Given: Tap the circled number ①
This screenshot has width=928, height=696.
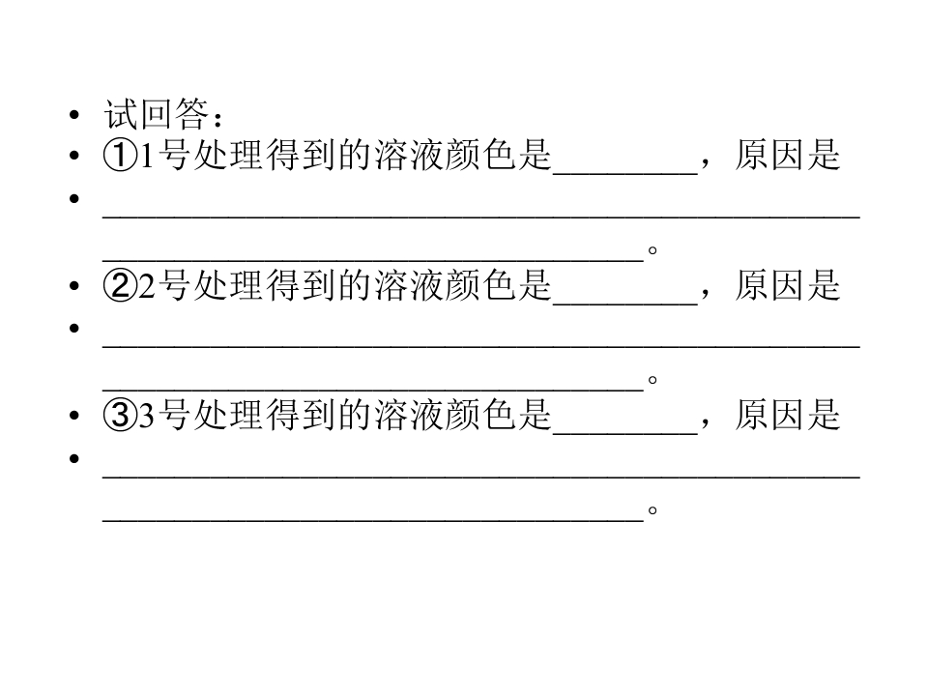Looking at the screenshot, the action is (120, 156).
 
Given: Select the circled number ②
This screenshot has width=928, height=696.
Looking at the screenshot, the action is (120, 285).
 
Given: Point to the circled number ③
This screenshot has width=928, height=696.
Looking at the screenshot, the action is (120, 415).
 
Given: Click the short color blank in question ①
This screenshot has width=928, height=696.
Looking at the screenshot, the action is (625, 173).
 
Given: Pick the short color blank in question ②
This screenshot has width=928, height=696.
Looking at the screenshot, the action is (625, 303).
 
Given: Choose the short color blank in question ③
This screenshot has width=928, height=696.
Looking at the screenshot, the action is (625, 433).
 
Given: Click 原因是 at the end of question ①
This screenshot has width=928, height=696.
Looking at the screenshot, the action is (788, 155).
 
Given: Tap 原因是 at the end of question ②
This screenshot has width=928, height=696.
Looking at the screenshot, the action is (788, 284).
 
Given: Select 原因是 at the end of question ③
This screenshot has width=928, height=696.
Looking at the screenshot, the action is (788, 415).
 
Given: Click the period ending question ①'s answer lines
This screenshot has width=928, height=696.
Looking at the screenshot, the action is (652, 250).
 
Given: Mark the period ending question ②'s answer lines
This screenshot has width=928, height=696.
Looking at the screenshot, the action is (652, 380).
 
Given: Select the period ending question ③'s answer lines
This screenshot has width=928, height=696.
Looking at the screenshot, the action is (652, 510).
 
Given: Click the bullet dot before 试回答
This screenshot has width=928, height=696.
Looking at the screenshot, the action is (74, 114).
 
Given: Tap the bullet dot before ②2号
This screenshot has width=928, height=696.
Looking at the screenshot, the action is (74, 286).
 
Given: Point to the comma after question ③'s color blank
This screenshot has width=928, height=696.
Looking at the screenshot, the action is (705, 423).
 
